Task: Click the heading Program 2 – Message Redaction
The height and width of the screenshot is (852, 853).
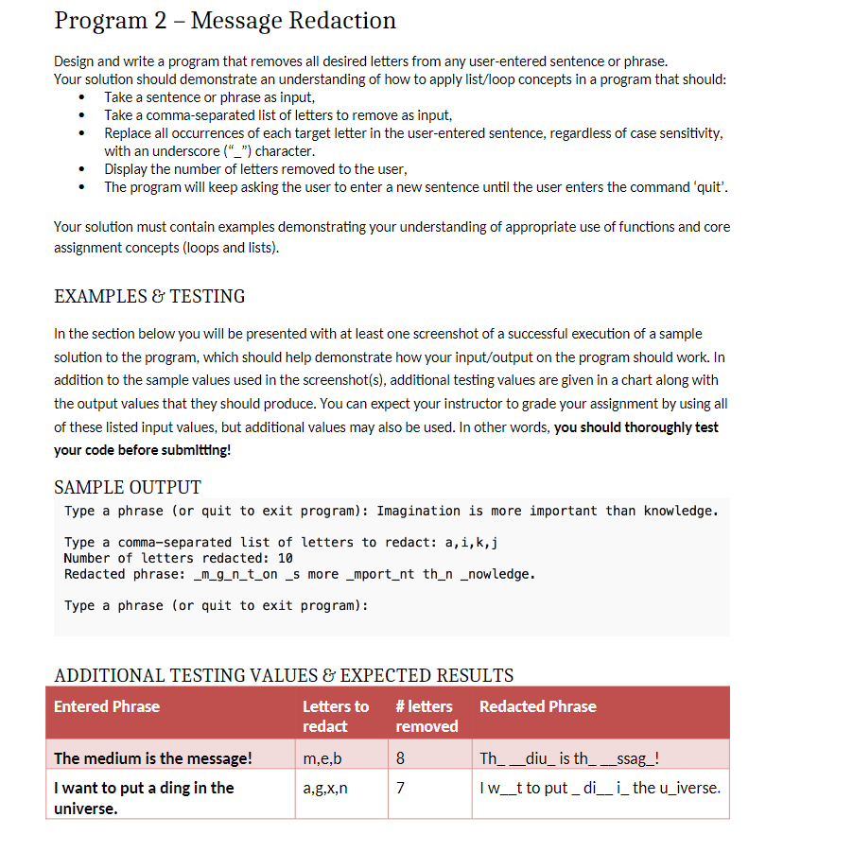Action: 225,21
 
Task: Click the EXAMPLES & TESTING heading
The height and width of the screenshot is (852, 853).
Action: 149,296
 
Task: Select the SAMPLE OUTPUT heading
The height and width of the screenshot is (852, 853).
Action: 128,487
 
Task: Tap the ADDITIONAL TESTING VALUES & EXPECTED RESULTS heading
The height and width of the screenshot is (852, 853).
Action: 284,675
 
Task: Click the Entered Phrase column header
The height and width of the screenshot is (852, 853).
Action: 107,706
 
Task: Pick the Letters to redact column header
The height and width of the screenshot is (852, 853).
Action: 335,716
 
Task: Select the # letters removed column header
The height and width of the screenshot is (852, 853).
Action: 426,716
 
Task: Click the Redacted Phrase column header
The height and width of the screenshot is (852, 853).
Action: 537,706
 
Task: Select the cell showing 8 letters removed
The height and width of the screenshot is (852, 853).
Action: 400,758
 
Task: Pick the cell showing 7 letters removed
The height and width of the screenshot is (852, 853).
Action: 400,788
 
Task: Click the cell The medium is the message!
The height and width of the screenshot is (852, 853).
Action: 153,758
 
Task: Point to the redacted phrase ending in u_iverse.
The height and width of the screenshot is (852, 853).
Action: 600,788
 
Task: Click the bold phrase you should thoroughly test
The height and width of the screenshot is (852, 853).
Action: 635,427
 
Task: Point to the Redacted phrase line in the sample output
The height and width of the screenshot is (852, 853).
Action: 299,574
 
